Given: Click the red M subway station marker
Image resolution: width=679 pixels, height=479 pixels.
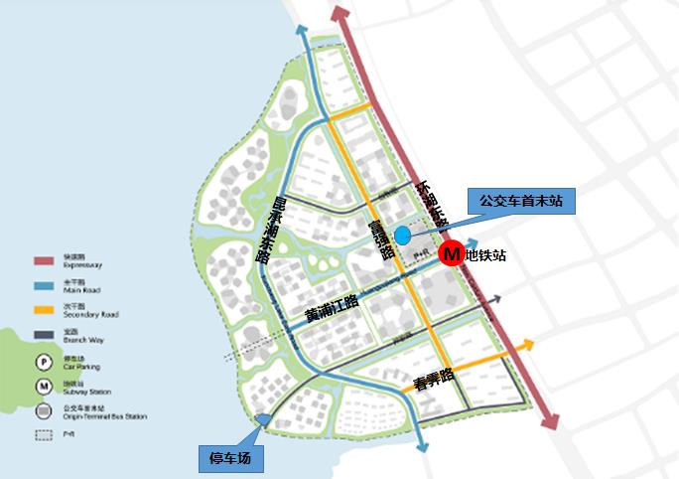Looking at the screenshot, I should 452,254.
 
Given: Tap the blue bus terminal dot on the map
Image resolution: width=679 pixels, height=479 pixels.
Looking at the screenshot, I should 402,235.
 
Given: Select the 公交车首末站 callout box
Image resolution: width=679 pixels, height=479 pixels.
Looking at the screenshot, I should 520,200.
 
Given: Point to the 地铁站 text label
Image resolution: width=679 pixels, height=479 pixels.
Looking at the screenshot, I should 485,255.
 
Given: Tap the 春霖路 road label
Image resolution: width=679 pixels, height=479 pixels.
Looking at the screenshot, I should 433,378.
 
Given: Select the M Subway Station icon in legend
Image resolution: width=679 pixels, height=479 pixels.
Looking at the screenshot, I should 45,386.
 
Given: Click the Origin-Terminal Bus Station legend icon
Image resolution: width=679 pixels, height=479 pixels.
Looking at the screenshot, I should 45,409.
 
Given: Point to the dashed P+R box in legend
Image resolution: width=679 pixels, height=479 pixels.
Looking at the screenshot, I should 45,434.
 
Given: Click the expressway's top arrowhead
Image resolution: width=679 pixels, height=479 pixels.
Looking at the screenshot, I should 339,13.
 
